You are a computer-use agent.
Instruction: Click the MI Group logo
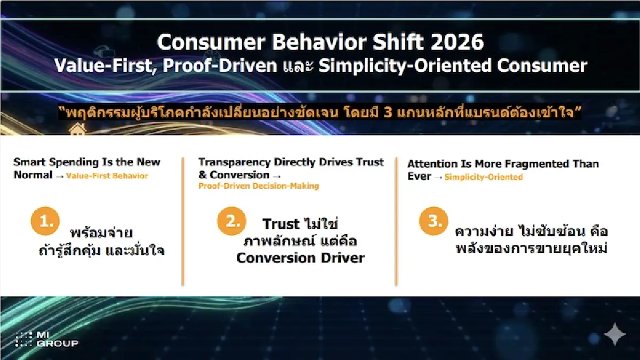click(46, 339)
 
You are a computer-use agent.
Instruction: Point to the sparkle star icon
click(614, 334)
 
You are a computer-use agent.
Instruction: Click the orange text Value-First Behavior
click(107, 176)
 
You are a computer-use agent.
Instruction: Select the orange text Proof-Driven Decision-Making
click(259, 186)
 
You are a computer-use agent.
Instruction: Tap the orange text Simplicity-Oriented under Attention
click(483, 177)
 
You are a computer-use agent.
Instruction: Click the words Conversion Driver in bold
click(300, 258)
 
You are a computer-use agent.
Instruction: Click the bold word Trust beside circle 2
click(281, 223)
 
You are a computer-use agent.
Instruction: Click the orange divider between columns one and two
click(182, 221)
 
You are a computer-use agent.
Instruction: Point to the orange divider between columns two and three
click(396, 221)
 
